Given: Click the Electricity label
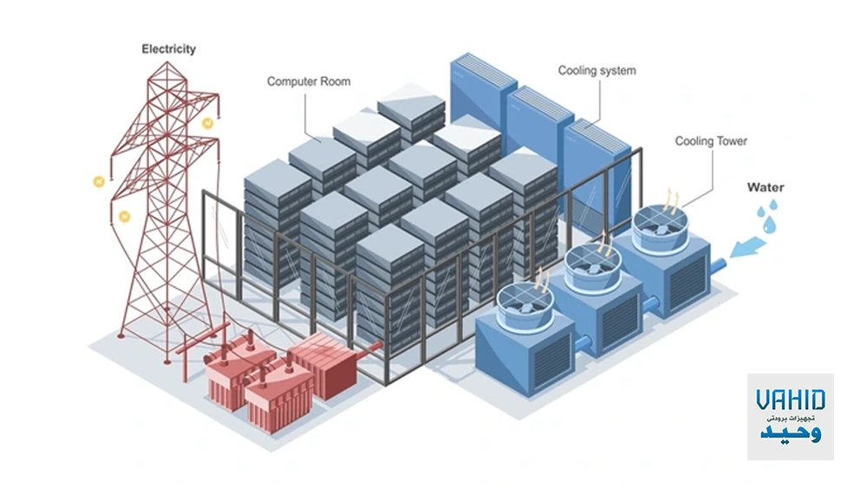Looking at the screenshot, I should pos(169,49).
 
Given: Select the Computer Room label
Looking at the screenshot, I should pos(309,81).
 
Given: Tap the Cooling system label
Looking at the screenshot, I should pos(596,70).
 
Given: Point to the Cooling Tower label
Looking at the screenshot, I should pos(711,141).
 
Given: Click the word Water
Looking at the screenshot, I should pos(766,187).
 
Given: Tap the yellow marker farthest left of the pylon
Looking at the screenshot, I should pos(99,182).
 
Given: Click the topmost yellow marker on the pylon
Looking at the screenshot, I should pos(207,124).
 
